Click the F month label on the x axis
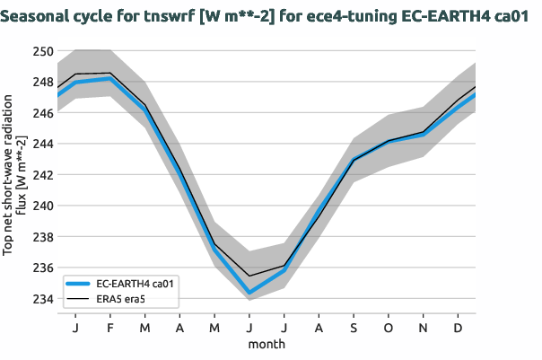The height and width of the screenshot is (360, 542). coord(109,329)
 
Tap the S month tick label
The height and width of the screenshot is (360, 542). coord(354,329)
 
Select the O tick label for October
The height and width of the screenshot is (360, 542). coord(389,329)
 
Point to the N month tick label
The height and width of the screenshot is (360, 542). coord(424,329)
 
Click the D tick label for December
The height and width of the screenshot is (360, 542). coord(459,329)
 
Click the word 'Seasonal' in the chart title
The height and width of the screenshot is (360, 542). coord(39,15)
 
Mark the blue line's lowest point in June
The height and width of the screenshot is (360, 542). coord(249,293)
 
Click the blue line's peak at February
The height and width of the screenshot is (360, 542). coord(109,79)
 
